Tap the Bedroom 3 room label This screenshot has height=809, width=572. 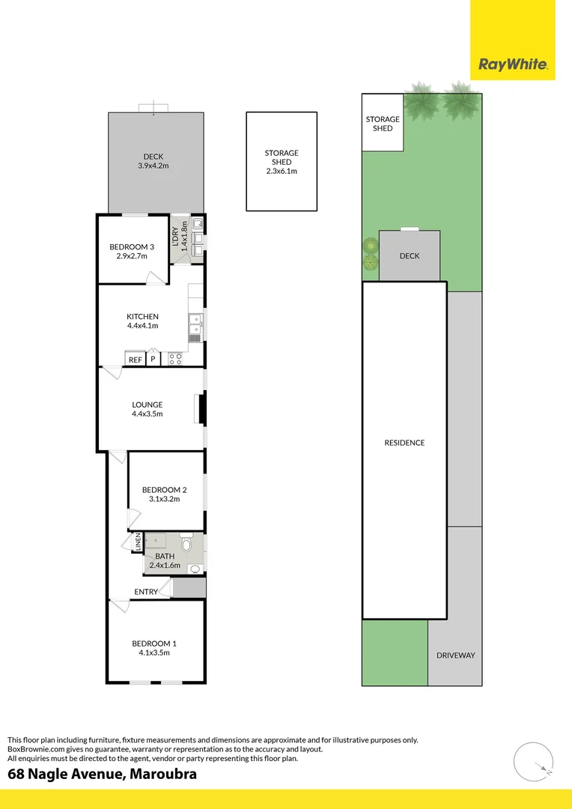tap(132, 246)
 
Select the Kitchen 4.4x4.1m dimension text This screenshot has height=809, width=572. tap(142, 326)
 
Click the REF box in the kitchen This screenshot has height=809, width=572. tap(135, 360)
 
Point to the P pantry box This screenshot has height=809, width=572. tap(153, 360)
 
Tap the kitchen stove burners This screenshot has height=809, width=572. tap(175, 359)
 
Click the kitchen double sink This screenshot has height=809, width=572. tap(195, 324)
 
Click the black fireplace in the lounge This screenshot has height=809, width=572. tap(201, 409)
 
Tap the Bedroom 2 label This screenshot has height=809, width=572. tap(165, 490)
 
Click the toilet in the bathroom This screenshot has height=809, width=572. tap(186, 545)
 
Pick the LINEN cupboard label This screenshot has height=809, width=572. tap(138, 542)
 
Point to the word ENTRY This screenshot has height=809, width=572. tap(146, 592)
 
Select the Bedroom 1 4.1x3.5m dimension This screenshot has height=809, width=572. tap(154, 652)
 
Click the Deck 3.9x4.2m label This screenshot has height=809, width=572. tap(153, 166)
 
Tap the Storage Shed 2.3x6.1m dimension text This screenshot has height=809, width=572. tap(282, 172)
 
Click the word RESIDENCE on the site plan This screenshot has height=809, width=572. tap(404, 443)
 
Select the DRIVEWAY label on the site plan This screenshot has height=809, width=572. tap(455, 655)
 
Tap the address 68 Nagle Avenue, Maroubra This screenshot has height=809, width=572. tap(103, 774)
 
